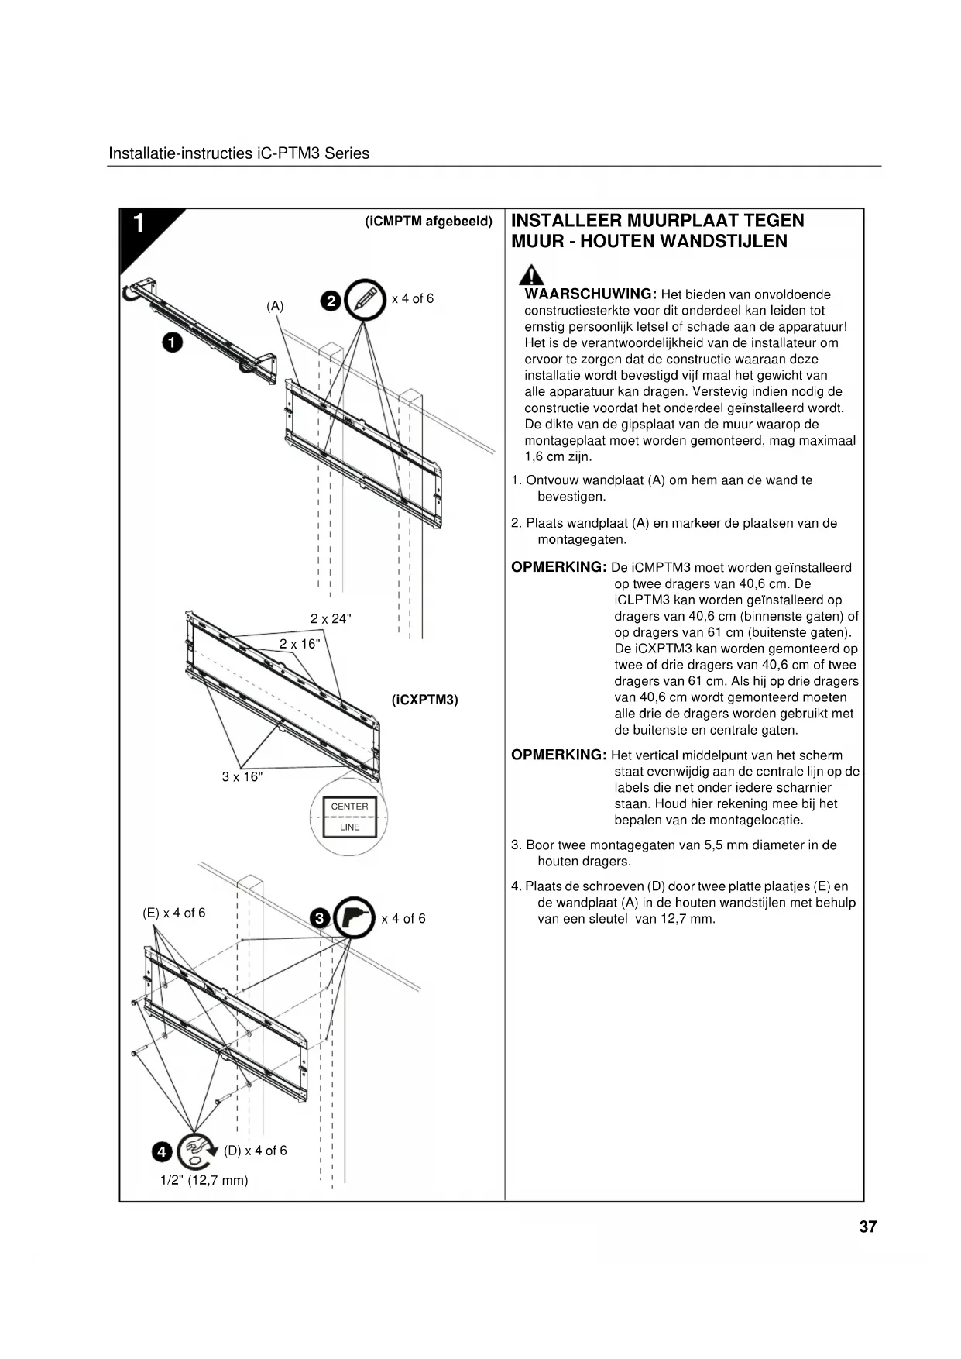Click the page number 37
(x=867, y=1227)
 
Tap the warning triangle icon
(x=530, y=275)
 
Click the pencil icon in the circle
(x=365, y=299)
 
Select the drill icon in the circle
(x=354, y=918)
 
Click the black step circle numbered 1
(x=172, y=342)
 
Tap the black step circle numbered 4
(x=161, y=1152)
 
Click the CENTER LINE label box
(x=349, y=817)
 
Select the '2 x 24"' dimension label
(x=331, y=618)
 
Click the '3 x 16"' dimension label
(x=242, y=776)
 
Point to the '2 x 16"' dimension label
(x=300, y=644)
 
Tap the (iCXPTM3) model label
(x=424, y=700)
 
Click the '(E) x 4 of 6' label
(x=174, y=913)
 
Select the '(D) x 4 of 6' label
(x=255, y=1151)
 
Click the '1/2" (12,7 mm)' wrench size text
(x=204, y=1180)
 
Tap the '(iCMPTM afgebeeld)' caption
(x=428, y=222)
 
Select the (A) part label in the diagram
(x=275, y=306)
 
